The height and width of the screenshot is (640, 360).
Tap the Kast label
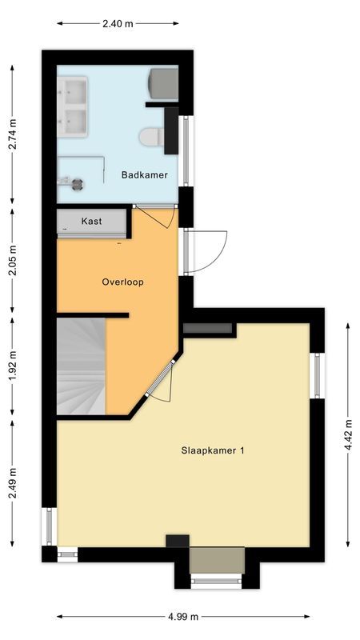pyautogui.click(x=92, y=221)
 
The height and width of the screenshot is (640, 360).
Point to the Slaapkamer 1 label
pyautogui.click(x=213, y=450)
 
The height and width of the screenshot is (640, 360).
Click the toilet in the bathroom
pyautogui.click(x=150, y=138)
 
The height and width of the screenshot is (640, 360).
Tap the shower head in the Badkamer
pyautogui.click(x=77, y=182)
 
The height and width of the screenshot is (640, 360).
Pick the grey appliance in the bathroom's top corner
pyautogui.click(x=164, y=82)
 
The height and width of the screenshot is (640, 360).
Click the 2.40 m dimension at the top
pyautogui.click(x=117, y=23)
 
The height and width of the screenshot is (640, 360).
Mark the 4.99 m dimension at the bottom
pyautogui.click(x=183, y=617)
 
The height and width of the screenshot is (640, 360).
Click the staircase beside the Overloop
pyautogui.click(x=81, y=366)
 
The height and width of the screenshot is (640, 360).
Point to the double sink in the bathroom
pyautogui.click(x=73, y=106)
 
